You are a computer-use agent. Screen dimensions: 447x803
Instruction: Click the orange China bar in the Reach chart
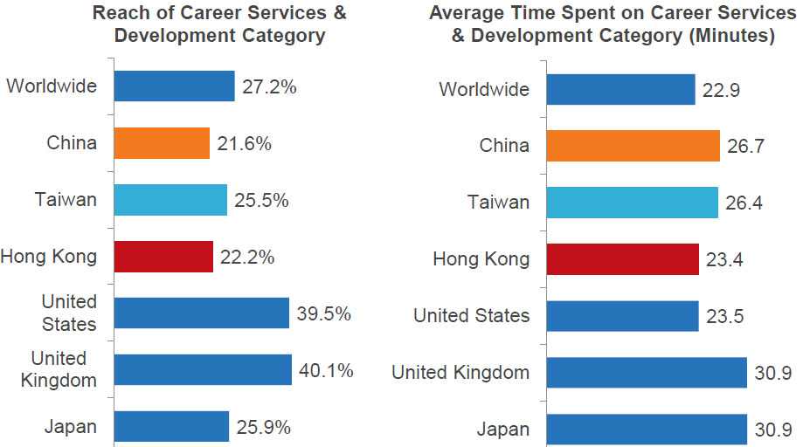coord(162,143)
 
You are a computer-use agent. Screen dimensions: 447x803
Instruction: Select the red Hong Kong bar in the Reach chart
coord(163,257)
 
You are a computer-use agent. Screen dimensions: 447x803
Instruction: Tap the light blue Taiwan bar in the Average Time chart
coord(632,203)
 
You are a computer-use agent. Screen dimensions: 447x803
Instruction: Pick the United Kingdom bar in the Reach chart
coord(203,370)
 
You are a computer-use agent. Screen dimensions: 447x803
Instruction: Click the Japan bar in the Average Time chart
coord(647,430)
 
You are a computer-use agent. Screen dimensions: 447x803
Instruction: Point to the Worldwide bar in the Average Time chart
coord(620,89)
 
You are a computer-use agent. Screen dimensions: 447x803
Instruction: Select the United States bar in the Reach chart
coord(201,313)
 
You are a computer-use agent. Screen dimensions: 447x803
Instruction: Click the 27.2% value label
coord(270,87)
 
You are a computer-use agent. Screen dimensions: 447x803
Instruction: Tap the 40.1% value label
coord(326,371)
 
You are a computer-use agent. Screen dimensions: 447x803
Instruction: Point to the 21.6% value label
coord(245,144)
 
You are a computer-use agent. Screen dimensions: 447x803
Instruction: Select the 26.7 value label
coord(746,146)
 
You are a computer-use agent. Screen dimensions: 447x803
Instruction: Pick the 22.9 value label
coord(722,90)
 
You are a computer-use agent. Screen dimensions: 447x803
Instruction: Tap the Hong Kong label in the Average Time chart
coord(481,259)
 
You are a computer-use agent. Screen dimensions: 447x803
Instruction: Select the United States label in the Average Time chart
coord(472,316)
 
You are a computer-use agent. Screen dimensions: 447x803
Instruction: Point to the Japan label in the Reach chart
coord(72,427)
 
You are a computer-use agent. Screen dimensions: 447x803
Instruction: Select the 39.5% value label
coord(323,313)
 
